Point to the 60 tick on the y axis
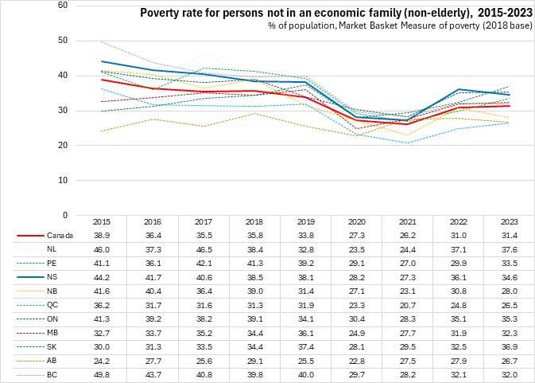coord(62,5)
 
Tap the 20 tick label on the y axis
coord(62,145)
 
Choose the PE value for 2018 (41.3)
coord(243,262)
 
